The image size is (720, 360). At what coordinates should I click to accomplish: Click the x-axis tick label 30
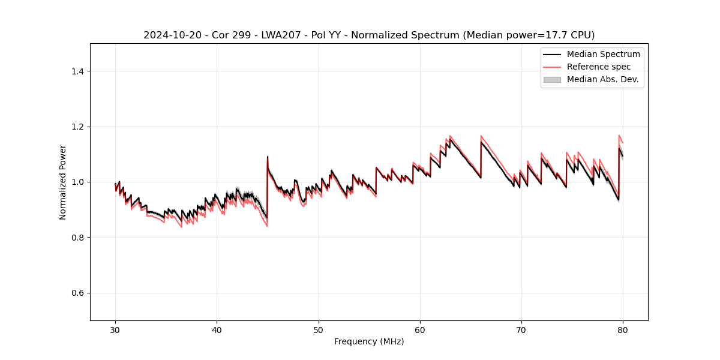116,330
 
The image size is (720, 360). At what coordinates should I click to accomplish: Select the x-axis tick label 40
217,330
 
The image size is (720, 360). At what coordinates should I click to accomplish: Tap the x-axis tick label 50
319,330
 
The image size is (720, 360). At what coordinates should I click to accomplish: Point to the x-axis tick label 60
420,330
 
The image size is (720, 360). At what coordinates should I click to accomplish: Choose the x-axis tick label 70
521,330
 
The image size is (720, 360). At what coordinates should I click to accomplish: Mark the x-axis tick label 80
623,330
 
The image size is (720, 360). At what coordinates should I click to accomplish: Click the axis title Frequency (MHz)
369,341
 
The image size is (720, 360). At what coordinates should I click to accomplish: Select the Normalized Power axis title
63,182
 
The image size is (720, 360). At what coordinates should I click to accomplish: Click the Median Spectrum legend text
603,54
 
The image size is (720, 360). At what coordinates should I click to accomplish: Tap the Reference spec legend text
599,67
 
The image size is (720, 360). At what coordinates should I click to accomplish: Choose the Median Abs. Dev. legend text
602,79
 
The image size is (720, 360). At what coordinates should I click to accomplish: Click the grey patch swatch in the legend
552,79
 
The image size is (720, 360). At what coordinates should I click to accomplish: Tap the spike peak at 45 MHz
268,157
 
